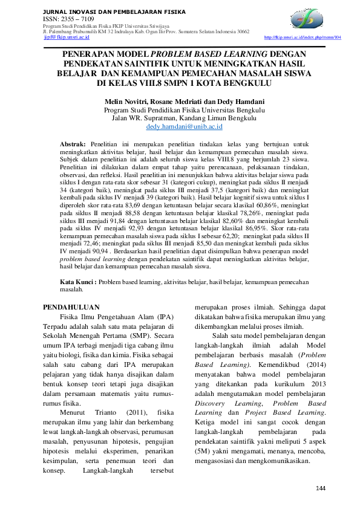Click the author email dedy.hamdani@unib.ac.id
[185, 127]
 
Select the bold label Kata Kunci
[77, 282]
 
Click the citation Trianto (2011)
[117, 411]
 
